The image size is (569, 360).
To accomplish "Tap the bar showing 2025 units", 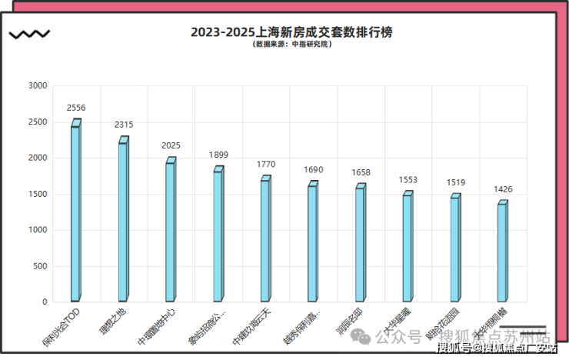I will [x=171, y=231].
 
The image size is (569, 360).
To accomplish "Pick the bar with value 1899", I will [x=218, y=235].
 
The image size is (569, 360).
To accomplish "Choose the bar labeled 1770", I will [x=265, y=240].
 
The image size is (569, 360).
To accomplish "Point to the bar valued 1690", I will [x=313, y=243].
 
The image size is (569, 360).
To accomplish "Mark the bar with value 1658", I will [x=361, y=244].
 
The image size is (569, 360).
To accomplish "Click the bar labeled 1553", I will [x=408, y=248].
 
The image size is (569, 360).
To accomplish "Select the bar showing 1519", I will [x=455, y=249].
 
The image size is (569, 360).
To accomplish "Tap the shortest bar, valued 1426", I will [x=503, y=252].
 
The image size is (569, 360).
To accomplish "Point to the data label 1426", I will [x=503, y=189].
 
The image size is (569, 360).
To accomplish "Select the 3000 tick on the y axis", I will [x=37, y=86].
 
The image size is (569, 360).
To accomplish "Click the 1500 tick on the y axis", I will [x=37, y=194].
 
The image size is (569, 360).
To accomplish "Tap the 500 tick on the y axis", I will [x=39, y=266].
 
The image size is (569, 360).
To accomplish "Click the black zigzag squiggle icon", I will [x=29, y=34].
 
